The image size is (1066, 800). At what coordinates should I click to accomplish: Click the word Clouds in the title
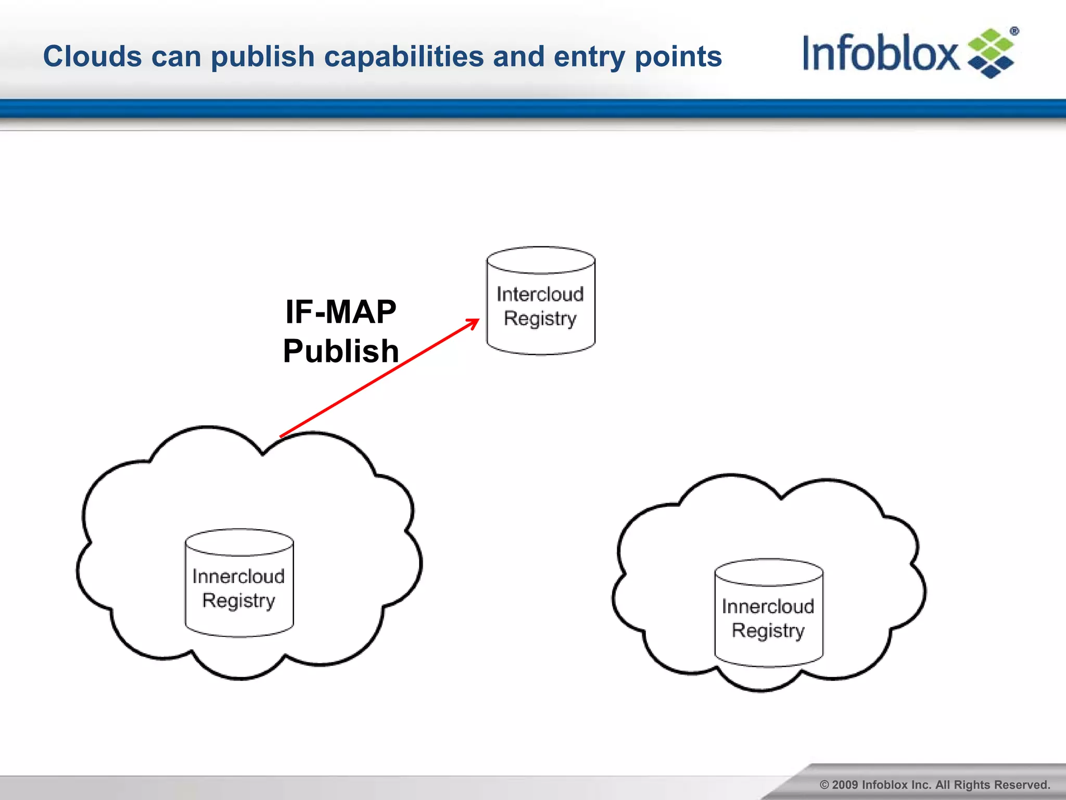(x=92, y=56)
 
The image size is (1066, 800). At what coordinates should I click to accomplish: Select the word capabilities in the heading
(x=404, y=56)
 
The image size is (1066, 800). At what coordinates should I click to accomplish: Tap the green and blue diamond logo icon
(x=991, y=54)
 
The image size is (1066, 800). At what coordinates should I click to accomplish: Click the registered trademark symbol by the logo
(x=1014, y=31)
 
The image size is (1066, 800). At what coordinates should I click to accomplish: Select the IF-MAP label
(x=341, y=312)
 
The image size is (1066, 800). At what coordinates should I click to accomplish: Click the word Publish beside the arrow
(x=341, y=351)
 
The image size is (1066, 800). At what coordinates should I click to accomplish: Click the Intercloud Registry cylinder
(x=541, y=301)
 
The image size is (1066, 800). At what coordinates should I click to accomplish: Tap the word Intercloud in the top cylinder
(x=540, y=294)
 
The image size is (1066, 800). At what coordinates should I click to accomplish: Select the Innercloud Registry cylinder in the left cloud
(x=239, y=583)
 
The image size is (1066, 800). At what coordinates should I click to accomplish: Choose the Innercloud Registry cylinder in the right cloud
(x=769, y=613)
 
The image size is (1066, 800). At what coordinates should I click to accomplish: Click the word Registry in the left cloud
(x=239, y=601)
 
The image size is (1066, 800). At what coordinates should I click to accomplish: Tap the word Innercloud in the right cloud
(x=768, y=606)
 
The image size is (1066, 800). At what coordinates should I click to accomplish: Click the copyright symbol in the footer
(x=824, y=785)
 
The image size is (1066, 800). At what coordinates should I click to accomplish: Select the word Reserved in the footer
(x=1024, y=785)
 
